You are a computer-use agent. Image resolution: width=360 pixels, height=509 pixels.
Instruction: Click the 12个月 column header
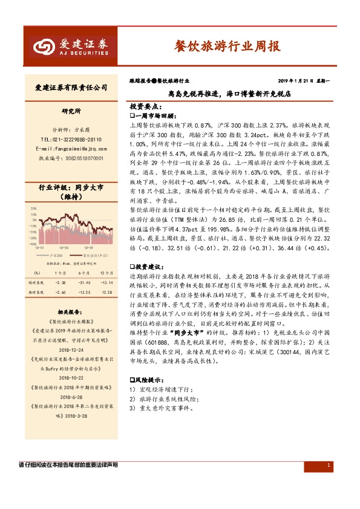pyautogui.click(x=106, y=273)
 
